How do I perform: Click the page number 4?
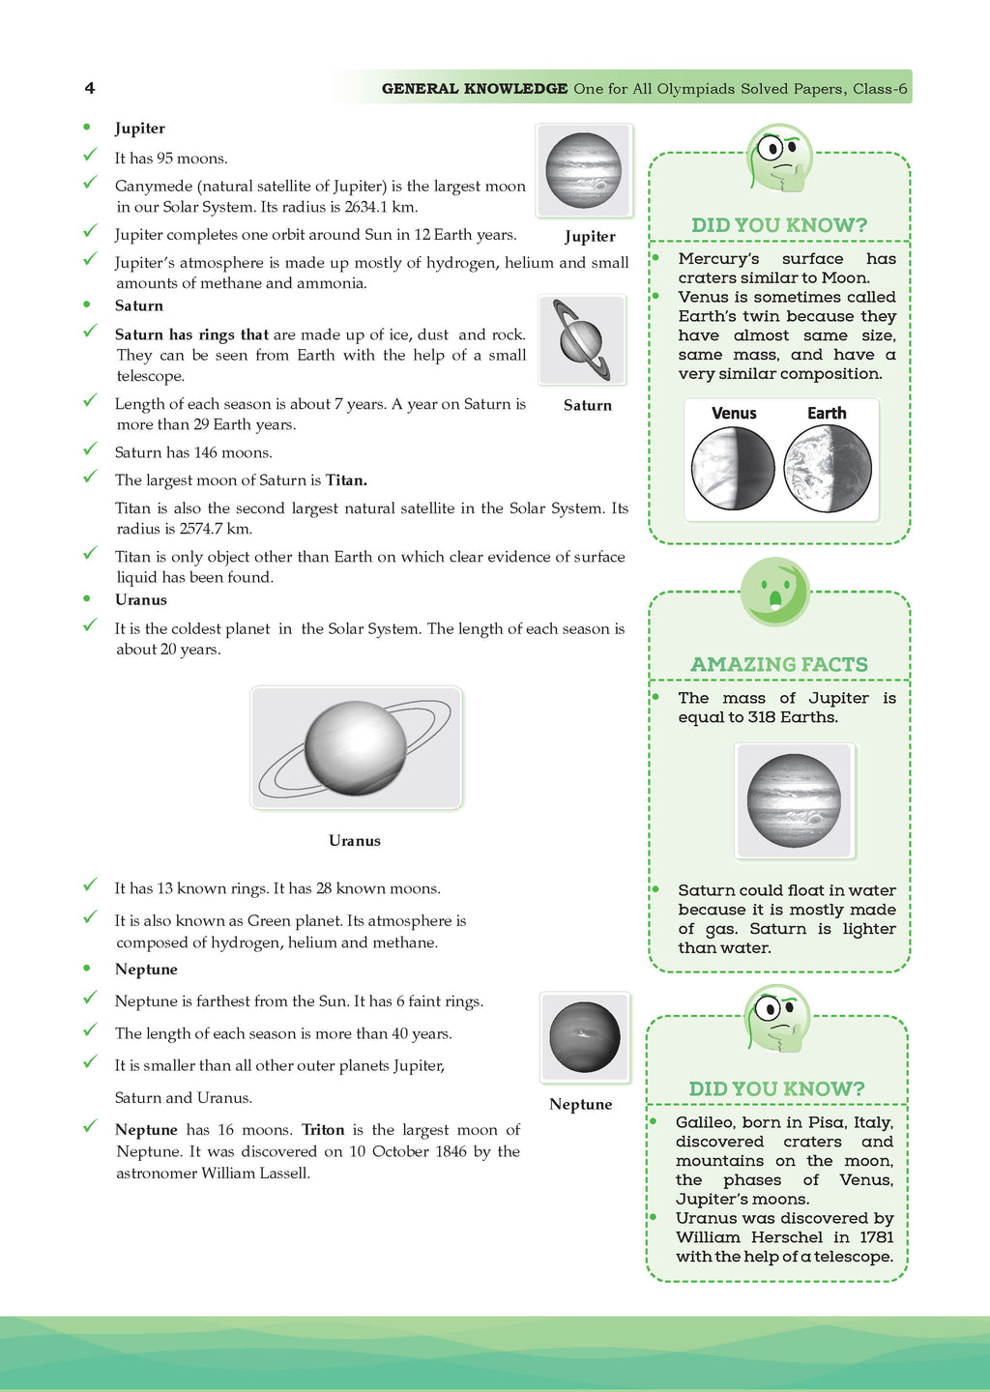click(90, 88)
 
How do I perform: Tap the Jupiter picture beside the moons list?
click(583, 170)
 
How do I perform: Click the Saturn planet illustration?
click(581, 340)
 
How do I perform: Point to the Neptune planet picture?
click(584, 1037)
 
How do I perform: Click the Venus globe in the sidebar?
click(733, 469)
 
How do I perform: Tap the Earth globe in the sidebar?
click(828, 469)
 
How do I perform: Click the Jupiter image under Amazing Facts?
click(794, 800)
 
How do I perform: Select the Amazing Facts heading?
click(778, 664)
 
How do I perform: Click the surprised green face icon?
click(775, 591)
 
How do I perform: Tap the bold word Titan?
click(346, 480)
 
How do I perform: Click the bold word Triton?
click(323, 1130)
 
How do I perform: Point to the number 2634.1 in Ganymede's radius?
click(371, 207)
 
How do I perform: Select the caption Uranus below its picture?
click(355, 841)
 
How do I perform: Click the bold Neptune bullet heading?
click(146, 970)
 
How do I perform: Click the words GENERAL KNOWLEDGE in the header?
click(475, 89)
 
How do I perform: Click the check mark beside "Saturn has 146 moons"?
click(90, 449)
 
